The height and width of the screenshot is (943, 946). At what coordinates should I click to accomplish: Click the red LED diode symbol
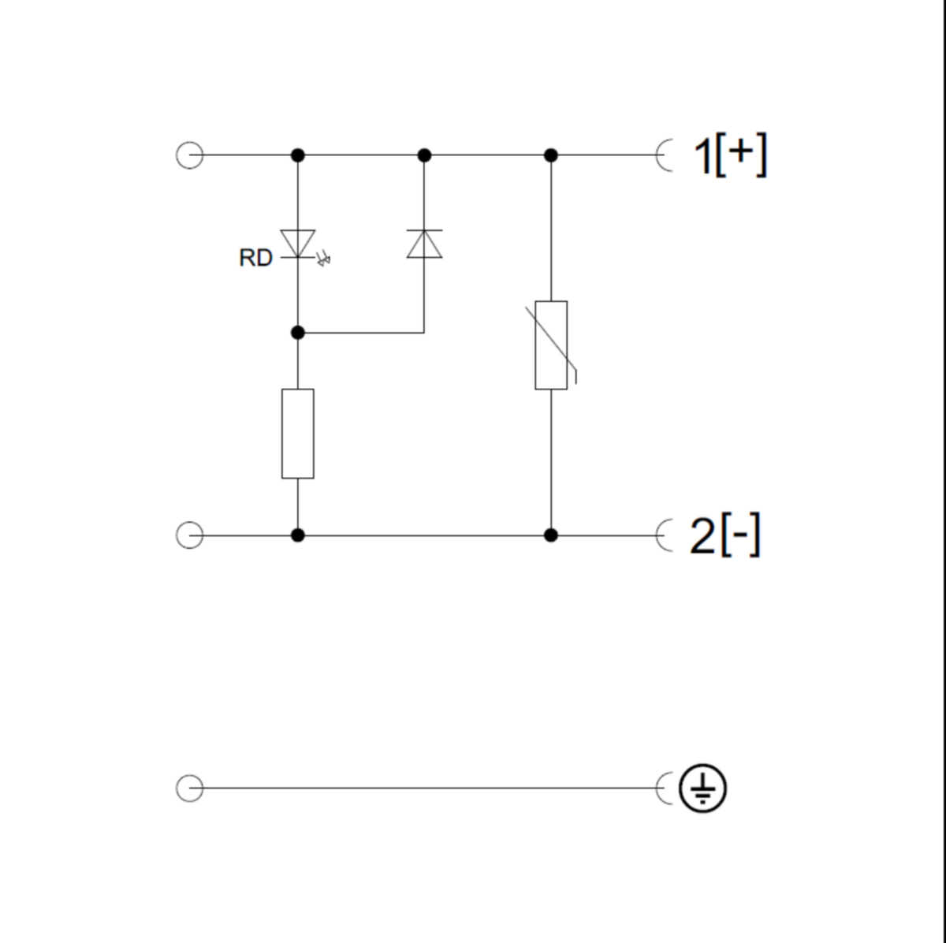coord(297,243)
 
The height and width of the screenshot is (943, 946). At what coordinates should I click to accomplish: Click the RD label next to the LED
coord(255,258)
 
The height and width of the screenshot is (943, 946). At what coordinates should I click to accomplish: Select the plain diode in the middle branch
coord(424,244)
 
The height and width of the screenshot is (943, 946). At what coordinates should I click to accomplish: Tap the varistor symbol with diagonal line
coord(552,345)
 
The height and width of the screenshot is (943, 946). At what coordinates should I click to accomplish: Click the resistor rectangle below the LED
coord(297,433)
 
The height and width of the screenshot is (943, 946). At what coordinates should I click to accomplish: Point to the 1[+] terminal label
coord(729,155)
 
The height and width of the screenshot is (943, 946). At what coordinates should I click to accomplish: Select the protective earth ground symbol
coord(703,788)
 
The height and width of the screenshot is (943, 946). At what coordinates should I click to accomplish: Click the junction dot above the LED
coord(297,155)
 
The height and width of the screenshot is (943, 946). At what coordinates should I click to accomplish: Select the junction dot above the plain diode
coord(424,155)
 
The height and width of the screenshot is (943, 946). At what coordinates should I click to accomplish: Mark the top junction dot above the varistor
coord(551,155)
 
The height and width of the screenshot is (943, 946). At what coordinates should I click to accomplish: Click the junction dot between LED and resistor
coord(297,333)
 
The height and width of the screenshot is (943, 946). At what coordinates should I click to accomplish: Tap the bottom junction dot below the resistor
coord(297,535)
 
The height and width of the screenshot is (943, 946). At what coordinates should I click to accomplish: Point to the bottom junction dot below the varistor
coord(551,535)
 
